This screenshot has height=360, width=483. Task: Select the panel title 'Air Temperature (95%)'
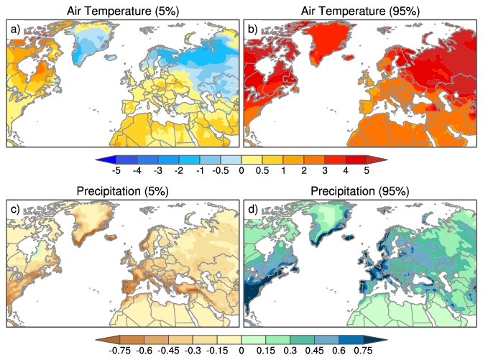tap(361, 11)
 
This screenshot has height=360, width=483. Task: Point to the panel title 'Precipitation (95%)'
tap(361, 191)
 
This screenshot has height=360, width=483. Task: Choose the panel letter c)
tap(14, 208)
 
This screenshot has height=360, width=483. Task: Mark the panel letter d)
tap(253, 208)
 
